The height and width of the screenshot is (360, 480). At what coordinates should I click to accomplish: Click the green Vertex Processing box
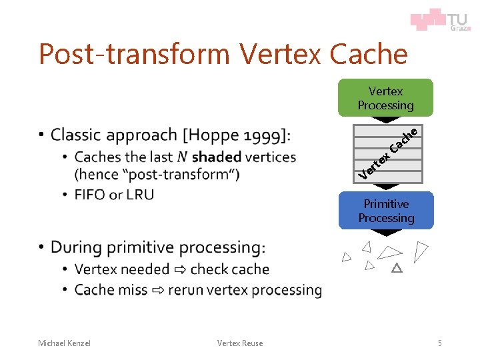[385, 97]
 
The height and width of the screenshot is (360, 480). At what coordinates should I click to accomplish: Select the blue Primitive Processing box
[385, 211]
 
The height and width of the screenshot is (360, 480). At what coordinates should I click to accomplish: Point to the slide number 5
[439, 343]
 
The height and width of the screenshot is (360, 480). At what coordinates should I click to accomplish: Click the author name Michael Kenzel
[64, 343]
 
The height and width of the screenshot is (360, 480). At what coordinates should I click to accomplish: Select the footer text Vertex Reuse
[240, 343]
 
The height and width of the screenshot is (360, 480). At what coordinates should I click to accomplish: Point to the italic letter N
[182, 157]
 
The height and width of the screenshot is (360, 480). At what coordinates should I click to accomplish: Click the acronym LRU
[140, 195]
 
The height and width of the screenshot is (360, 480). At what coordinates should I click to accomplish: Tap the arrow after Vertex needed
[180, 270]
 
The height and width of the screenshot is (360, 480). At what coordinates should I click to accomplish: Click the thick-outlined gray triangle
[397, 268]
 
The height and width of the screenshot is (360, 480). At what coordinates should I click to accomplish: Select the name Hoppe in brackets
[212, 135]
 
